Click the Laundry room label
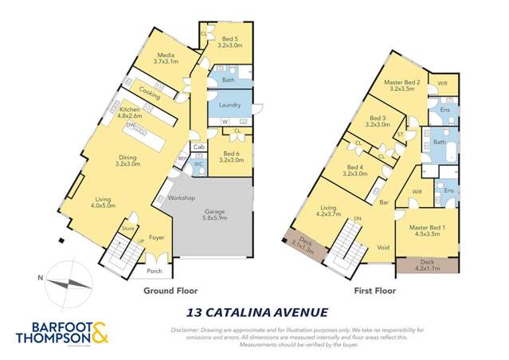(229, 105)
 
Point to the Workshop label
(181, 198)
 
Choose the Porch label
(155, 271)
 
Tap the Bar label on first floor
(382, 202)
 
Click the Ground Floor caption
(170, 292)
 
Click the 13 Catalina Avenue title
(254, 312)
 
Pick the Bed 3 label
(378, 121)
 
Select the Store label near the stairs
(127, 229)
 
